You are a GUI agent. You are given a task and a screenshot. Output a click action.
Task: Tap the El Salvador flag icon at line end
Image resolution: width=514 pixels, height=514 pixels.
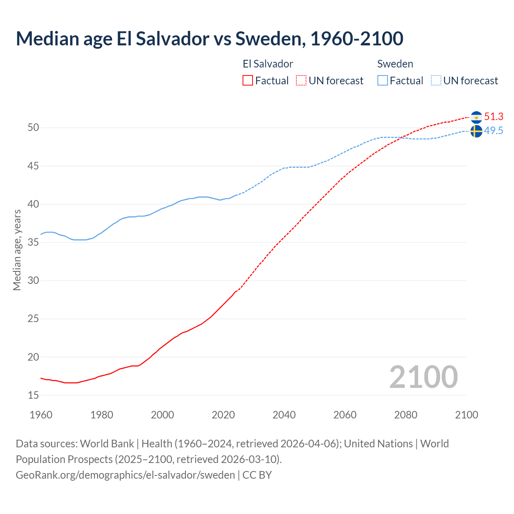tap(476, 117)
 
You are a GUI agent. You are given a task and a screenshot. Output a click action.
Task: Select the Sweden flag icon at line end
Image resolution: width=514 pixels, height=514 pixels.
tap(476, 131)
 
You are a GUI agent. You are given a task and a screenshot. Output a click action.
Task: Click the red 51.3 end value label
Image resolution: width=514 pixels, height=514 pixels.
tap(494, 117)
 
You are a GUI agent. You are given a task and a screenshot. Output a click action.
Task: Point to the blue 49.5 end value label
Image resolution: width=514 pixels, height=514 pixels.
tap(494, 131)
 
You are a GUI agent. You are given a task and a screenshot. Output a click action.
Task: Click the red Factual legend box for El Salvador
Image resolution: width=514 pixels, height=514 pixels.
tap(248, 81)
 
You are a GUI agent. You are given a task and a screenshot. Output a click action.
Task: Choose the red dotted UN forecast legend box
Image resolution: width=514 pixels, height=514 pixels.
tap(301, 81)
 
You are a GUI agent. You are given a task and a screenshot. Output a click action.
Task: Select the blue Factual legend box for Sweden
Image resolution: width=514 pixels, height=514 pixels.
tap(383, 81)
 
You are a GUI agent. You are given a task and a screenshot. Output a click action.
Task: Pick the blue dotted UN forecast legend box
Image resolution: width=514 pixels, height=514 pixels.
tap(436, 81)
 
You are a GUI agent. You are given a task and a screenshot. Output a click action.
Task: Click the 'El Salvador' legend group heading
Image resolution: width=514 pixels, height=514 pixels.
tap(268, 64)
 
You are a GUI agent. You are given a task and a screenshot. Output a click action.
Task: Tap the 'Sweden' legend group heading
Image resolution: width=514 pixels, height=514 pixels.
tap(395, 64)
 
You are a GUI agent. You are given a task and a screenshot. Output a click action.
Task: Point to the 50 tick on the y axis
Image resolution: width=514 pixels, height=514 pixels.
tap(33, 128)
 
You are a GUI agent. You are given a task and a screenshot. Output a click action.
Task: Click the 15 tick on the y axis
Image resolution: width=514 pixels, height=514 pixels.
tap(33, 396)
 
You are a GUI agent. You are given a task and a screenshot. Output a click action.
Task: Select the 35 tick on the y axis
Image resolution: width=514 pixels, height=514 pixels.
tap(33, 243)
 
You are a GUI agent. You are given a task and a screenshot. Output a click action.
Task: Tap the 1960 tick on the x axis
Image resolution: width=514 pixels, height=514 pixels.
tap(41, 415)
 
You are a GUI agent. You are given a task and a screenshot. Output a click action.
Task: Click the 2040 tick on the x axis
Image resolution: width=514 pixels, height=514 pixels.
tap(284, 415)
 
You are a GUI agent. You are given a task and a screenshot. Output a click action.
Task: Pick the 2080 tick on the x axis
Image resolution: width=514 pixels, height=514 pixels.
tap(406, 415)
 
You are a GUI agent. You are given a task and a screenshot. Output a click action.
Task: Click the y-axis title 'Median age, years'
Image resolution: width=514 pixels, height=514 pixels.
tap(17, 250)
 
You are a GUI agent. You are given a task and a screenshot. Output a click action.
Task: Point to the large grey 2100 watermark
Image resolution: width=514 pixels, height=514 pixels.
tap(424, 377)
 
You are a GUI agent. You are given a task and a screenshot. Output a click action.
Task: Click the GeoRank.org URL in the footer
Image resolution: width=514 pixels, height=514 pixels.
tap(125, 475)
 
